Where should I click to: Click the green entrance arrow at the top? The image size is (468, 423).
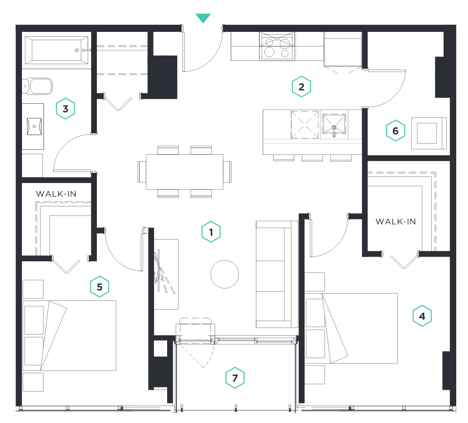click(203, 18)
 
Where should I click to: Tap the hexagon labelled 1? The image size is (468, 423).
click(211, 232)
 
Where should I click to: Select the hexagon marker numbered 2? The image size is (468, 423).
click(301, 87)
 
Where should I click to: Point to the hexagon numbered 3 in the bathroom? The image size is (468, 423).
click(65, 109)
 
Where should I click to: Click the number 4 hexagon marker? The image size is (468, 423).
click(422, 316)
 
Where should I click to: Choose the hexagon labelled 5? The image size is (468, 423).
click(100, 287)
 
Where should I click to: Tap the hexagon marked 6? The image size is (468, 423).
click(395, 131)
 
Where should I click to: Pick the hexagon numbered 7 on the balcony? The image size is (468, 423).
click(235, 378)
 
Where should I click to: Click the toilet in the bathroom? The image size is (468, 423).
click(37, 86)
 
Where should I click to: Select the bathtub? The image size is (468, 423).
click(57, 50)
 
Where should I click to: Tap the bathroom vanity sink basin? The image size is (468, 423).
click(34, 126)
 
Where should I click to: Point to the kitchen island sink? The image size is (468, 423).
click(334, 125)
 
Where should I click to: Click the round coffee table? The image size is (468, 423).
click(225, 274)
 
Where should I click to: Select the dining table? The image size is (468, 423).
click(185, 172)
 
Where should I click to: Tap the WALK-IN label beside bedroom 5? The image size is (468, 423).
click(56, 194)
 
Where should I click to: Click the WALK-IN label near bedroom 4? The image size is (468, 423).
click(396, 222)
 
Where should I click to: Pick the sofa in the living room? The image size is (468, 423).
click(277, 274)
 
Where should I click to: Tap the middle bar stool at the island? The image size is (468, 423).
click(312, 158)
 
